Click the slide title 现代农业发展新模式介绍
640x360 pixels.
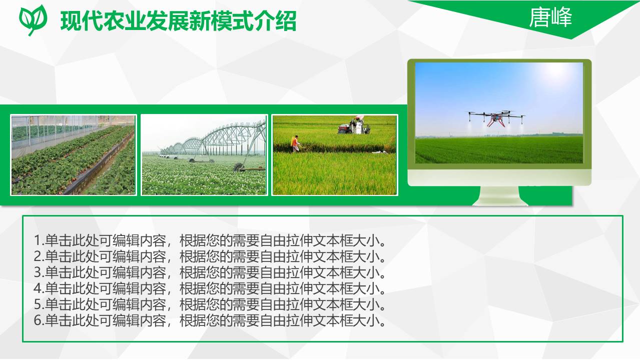(x=178, y=21)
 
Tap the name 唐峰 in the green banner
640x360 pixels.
(x=550, y=18)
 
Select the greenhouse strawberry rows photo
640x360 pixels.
(x=74, y=154)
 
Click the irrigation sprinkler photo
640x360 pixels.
(x=204, y=154)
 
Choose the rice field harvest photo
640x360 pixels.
(x=334, y=154)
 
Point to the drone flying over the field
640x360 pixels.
(x=496, y=118)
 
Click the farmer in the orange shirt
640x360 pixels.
(x=296, y=143)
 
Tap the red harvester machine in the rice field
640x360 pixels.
(x=354, y=126)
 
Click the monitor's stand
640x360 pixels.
(x=500, y=195)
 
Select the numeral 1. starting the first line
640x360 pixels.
(x=39, y=241)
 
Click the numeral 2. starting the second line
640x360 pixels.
(x=39, y=257)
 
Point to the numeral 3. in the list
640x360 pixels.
(x=39, y=273)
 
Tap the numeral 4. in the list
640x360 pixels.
(x=39, y=289)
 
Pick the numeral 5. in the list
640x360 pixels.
(x=39, y=305)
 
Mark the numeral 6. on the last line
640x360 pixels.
(x=39, y=321)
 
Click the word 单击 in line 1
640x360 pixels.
(x=59, y=241)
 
